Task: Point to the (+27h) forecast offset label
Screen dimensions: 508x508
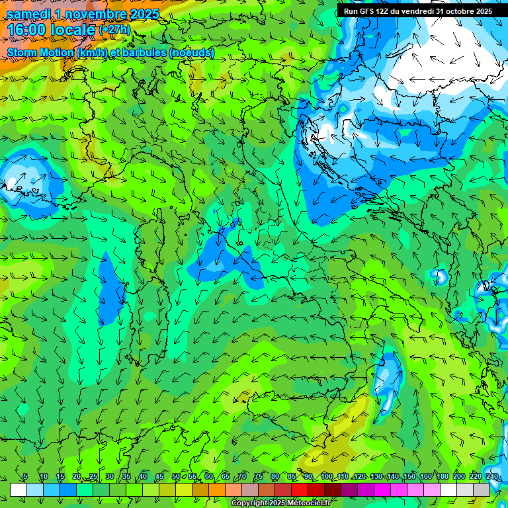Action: tap(114, 30)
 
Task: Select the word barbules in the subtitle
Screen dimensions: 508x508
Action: tap(141, 52)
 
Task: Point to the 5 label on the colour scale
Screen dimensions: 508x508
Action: tap(25, 477)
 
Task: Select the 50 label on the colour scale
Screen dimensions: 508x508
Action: tap(176, 477)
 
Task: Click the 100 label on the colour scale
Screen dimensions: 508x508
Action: tap(326, 477)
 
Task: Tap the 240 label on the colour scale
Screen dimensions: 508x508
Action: tap(492, 477)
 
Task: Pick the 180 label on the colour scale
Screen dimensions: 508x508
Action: tap(442, 477)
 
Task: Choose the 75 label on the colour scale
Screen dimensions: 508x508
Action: tap(259, 477)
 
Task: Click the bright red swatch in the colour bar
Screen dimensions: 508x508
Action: tap(300, 489)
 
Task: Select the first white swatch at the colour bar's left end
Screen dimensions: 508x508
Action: tap(19, 489)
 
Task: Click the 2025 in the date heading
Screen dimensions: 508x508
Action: tap(142, 13)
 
